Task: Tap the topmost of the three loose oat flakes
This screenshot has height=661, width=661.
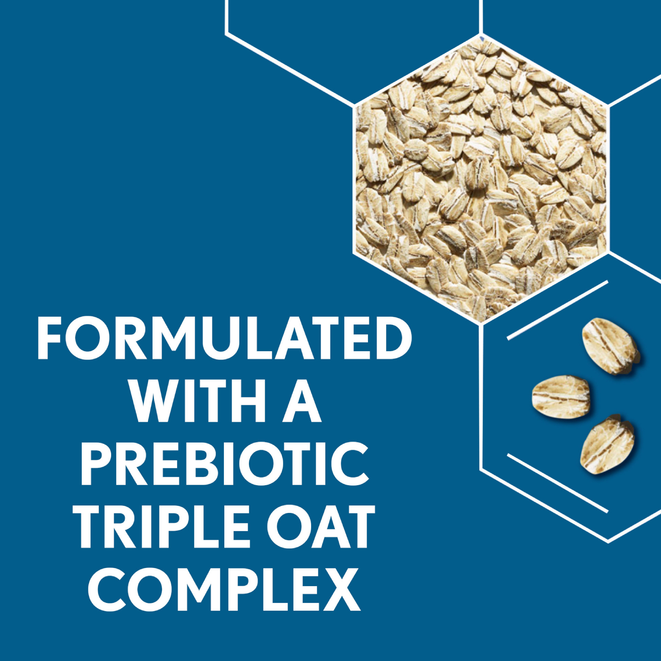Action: (x=611, y=346)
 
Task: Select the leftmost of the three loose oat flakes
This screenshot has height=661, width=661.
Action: (x=561, y=397)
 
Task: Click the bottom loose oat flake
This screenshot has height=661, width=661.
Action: (x=607, y=445)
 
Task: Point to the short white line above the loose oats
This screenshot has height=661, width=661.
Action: (x=557, y=310)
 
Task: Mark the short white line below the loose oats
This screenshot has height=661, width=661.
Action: (x=557, y=483)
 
